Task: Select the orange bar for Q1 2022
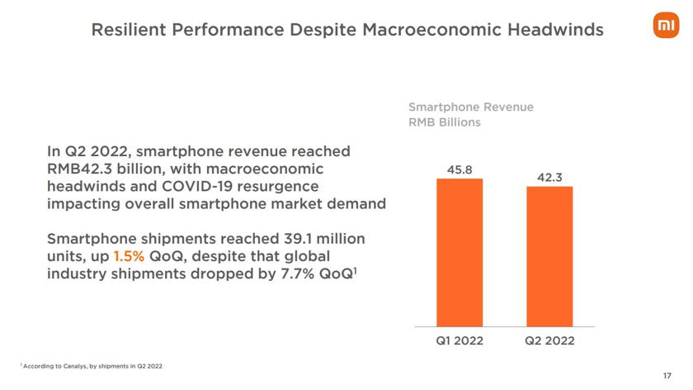click(x=460, y=252)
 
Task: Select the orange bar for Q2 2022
click(x=549, y=256)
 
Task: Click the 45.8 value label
click(x=460, y=169)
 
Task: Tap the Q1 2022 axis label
click(x=460, y=340)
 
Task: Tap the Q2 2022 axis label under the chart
click(x=549, y=340)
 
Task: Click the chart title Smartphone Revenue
click(x=471, y=107)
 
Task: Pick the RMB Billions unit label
click(x=445, y=122)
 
